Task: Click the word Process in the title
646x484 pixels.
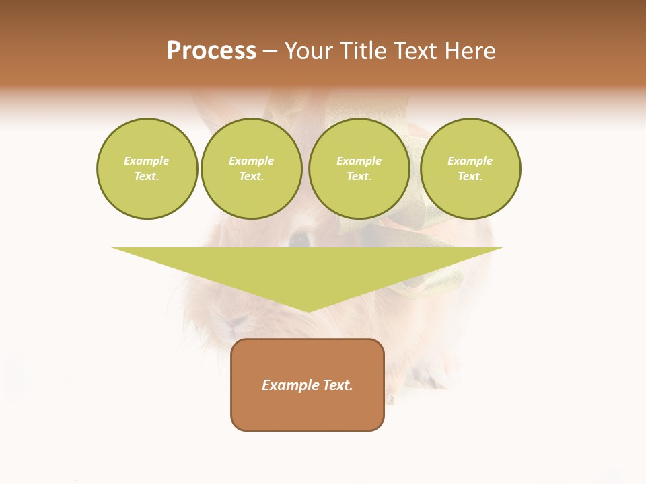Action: (x=211, y=51)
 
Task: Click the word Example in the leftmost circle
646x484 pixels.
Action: (x=147, y=161)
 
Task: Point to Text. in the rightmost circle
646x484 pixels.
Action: (x=470, y=177)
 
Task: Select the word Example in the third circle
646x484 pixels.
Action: (x=359, y=161)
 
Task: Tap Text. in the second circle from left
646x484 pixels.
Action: (x=251, y=177)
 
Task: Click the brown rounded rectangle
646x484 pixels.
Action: (x=308, y=410)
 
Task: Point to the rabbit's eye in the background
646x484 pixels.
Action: (x=298, y=238)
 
